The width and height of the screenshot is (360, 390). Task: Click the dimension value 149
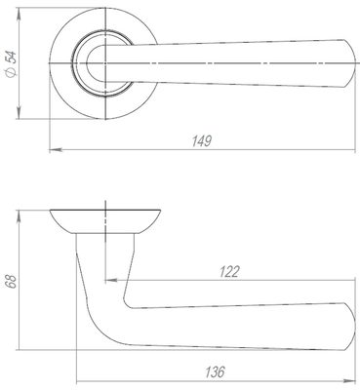(202, 141)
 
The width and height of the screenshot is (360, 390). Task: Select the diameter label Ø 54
(12, 63)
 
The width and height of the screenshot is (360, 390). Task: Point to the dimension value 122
(229, 271)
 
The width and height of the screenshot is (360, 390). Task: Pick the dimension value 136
(215, 371)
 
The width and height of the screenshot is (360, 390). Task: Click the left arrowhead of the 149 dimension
(56, 150)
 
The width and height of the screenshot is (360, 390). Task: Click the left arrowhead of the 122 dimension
(111, 280)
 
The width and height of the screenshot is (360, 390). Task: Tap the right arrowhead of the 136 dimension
(349, 380)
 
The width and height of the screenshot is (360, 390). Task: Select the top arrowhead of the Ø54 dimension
(19, 15)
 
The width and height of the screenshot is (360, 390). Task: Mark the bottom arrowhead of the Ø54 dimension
(19, 113)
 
